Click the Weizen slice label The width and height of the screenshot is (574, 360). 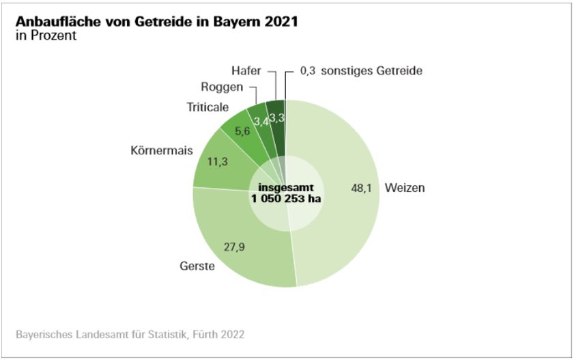(x=405, y=188)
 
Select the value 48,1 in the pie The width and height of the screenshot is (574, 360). (x=360, y=188)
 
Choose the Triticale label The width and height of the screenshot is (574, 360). (x=208, y=107)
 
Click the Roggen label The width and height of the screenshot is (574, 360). (x=220, y=87)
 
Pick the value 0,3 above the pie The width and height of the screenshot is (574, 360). (x=308, y=70)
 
